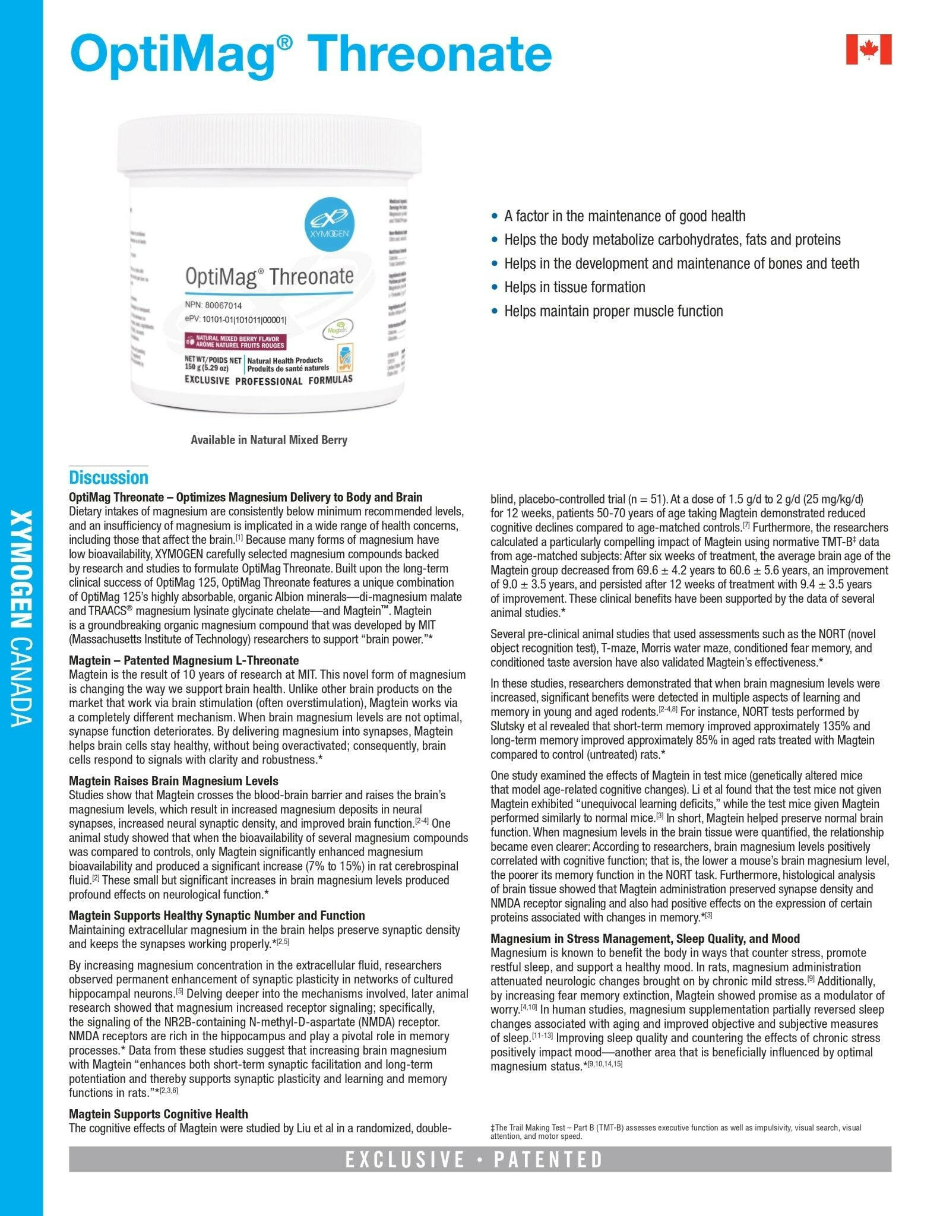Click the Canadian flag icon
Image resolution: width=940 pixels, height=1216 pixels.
868,49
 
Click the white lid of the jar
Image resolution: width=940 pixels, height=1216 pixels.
270,145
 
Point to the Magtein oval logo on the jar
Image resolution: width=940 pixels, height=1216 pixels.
337,327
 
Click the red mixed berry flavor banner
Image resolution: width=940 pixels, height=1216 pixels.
236,341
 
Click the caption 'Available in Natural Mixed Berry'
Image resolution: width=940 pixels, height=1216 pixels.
268,440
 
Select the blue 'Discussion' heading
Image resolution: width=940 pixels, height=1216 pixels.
109,477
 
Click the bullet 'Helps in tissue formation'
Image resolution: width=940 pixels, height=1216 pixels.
574,287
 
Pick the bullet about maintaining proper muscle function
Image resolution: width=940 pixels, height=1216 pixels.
613,311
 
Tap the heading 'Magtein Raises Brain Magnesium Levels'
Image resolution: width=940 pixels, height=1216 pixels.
173,781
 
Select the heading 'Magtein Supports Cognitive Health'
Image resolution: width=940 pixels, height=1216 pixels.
158,1114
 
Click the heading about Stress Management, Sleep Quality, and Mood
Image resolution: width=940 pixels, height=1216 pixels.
645,939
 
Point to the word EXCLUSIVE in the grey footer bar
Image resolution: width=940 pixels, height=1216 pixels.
405,1160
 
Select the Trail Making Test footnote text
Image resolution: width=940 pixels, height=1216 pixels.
675,1131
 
